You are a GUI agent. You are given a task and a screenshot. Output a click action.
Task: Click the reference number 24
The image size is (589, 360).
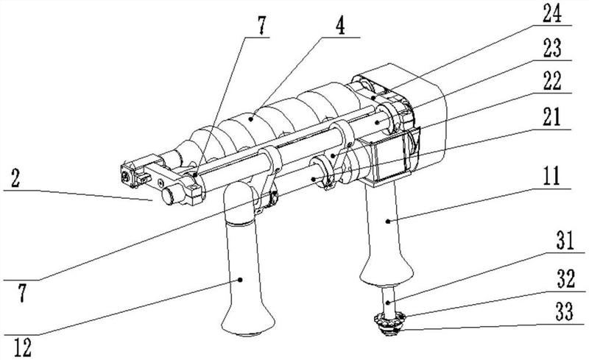click(x=551, y=14)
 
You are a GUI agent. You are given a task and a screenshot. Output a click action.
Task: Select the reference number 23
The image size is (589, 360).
click(x=551, y=49)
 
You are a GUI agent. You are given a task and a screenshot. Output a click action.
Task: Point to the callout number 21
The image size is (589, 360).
click(x=551, y=117)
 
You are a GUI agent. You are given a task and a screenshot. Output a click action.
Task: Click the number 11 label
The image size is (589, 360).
click(x=551, y=176)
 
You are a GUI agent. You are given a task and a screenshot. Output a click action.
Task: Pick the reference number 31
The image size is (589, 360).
click(x=565, y=241)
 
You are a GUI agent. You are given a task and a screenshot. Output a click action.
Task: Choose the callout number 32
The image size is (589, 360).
click(x=565, y=280)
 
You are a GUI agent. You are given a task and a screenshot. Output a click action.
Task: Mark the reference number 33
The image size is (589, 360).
click(x=564, y=312)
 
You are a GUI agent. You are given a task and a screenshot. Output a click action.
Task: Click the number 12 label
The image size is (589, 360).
click(x=23, y=348)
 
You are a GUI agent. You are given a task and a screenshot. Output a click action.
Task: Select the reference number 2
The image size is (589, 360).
click(x=15, y=178)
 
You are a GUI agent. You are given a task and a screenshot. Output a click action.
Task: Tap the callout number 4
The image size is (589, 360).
click(x=340, y=26)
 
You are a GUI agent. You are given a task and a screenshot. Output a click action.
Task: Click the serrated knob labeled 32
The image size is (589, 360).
click(x=390, y=320)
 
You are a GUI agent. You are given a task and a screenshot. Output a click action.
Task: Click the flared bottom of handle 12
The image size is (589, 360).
click(x=248, y=321)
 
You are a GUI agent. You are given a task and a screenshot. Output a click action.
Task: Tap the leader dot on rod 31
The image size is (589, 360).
click(x=388, y=303)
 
